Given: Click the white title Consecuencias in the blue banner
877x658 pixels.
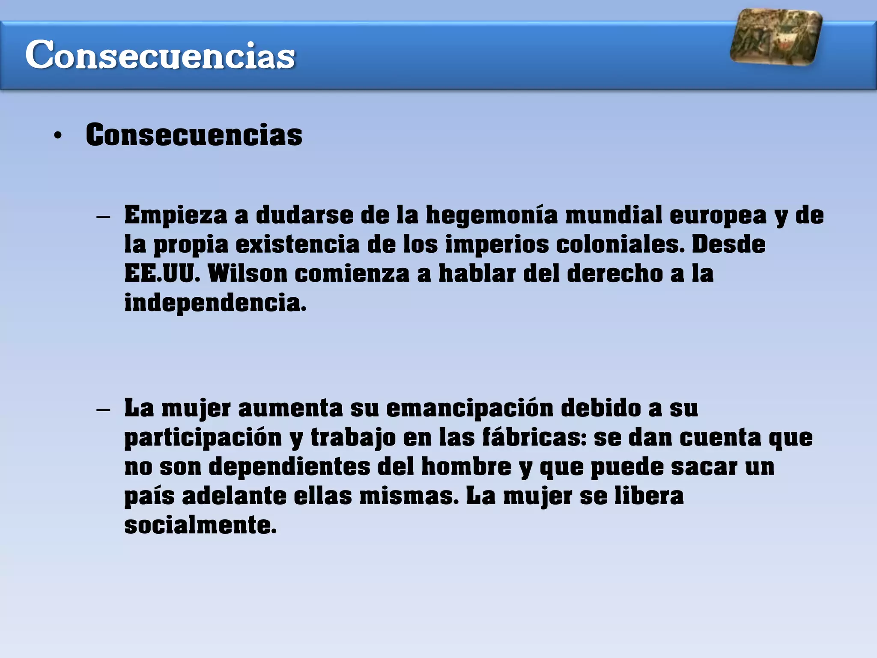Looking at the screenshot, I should click(160, 55).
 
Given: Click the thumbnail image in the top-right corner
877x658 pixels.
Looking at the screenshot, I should click(776, 37).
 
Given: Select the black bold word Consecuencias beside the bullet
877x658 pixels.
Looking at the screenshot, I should click(194, 135).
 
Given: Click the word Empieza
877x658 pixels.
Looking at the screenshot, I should click(176, 215).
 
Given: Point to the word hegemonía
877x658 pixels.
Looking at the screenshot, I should click(492, 215).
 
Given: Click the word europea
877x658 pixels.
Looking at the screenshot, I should click(718, 215).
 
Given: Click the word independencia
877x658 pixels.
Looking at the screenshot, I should click(215, 303).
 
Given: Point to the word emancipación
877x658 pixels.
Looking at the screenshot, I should click(470, 408).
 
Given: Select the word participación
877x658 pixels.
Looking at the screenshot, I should click(203, 438).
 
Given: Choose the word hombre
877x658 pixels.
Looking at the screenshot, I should click(466, 467).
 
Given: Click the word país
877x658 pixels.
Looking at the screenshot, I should click(149, 496).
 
